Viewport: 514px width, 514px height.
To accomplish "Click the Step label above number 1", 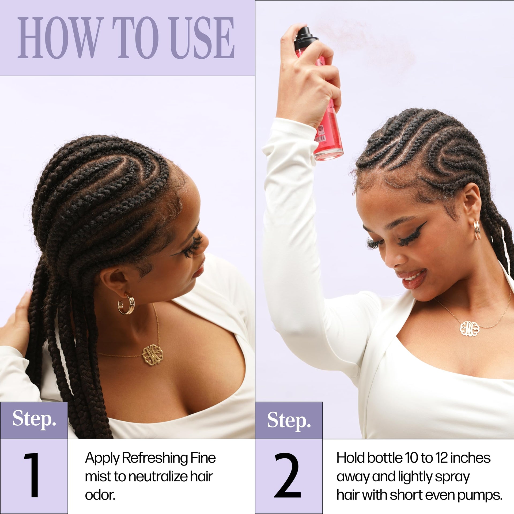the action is point(34,419).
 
